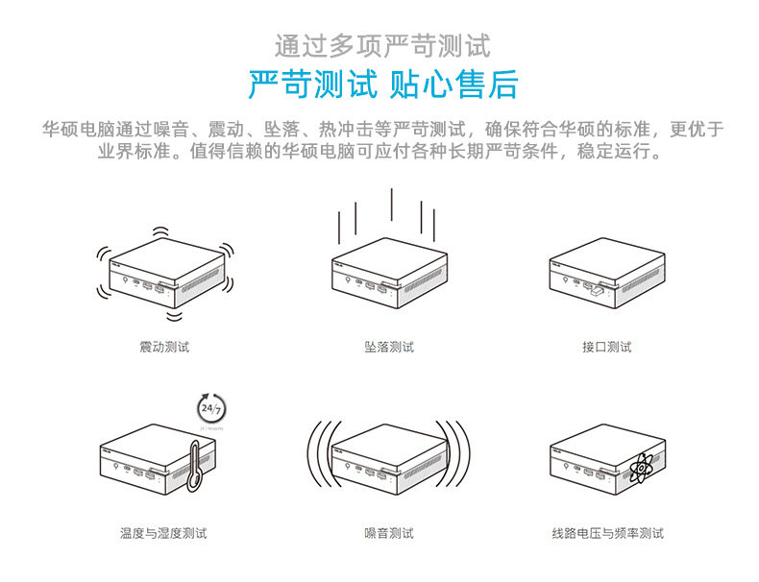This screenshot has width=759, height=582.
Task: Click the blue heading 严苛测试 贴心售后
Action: (382, 85)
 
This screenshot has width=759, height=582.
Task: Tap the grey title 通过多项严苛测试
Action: (382, 45)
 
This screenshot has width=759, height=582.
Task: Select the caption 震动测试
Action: (164, 347)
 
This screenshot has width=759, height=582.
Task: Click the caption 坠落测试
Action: (389, 347)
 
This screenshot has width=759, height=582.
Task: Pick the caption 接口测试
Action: (606, 347)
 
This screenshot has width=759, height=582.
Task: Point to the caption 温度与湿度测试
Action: (163, 533)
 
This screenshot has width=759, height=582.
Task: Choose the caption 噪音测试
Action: (389, 533)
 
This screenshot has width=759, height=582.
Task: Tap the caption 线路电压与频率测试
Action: (607, 533)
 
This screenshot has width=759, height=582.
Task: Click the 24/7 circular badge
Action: (209, 406)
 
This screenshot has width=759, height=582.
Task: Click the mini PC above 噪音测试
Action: (389, 456)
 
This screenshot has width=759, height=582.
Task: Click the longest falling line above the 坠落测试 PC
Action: (392, 210)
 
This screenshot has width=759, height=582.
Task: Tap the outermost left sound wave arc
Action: (311, 456)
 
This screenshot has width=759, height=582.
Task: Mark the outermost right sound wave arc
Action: (468, 456)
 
